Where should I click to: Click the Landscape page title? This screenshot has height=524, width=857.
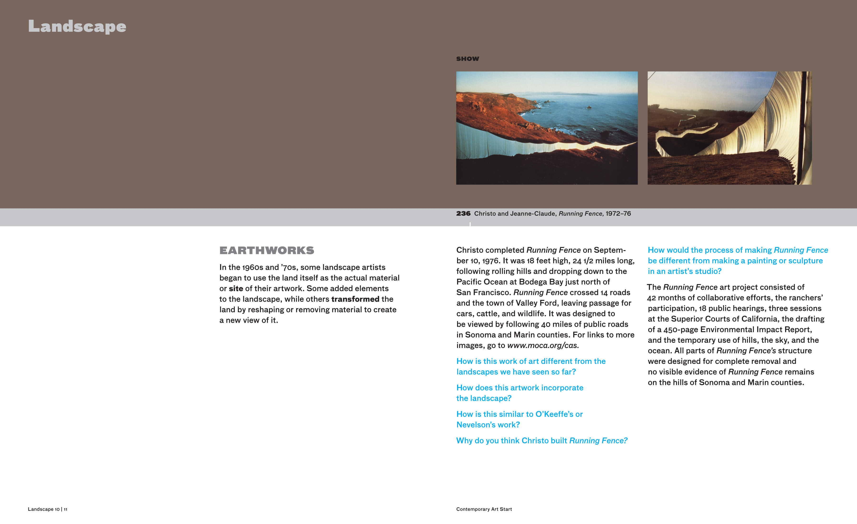click(77, 26)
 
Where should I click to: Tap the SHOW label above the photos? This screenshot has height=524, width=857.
click(468, 59)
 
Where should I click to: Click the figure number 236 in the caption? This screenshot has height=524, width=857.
click(463, 213)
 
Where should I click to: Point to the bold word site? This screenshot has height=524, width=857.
click(236, 288)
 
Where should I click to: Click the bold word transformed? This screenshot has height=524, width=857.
click(355, 299)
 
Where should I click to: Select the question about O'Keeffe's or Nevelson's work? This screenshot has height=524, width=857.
click(519, 419)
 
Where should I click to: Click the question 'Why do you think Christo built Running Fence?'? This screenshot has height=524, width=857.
click(542, 440)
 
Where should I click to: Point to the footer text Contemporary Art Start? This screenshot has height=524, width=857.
click(484, 509)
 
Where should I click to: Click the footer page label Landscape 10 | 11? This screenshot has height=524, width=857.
click(48, 509)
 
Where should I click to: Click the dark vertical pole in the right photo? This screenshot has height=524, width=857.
click(804, 125)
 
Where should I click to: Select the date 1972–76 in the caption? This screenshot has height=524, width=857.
click(618, 213)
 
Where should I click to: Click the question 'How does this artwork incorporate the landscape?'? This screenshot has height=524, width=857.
click(520, 393)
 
